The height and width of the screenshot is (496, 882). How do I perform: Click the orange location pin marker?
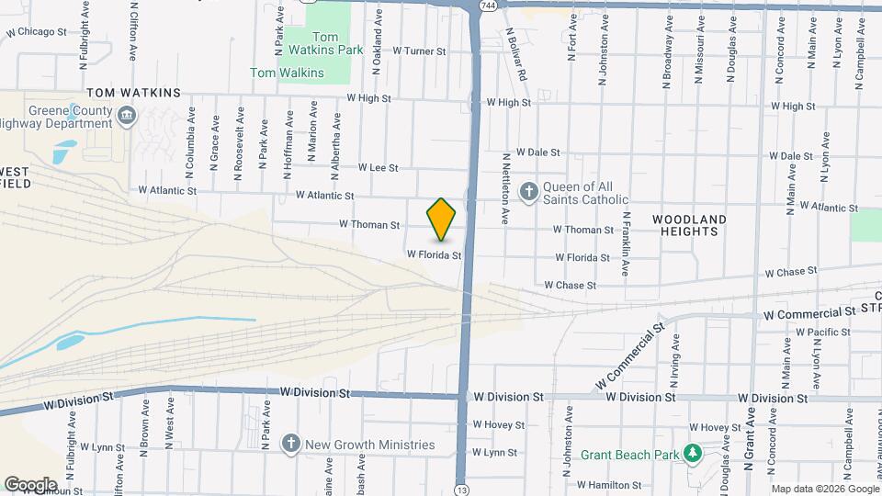pos(442,219)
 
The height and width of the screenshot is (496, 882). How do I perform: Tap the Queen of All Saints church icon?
pos(528,192)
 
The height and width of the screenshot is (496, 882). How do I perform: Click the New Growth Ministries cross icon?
pos(291,445)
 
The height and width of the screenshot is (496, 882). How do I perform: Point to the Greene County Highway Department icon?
pos(127,114)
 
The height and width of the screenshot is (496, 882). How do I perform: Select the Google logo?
pos(29,484)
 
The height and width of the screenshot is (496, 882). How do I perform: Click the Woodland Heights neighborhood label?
pos(689,225)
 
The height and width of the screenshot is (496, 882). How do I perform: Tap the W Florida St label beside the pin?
pos(434,254)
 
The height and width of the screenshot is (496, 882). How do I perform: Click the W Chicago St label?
pos(36,31)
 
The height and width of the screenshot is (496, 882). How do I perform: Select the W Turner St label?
pos(417,51)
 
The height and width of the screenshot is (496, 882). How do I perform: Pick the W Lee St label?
pos(378,168)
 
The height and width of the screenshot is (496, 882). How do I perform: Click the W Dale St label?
pos(537,152)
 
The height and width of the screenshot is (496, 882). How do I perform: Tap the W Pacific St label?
pos(823,332)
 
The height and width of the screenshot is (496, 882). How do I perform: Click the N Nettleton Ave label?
pos(505,189)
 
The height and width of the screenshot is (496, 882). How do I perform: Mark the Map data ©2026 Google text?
pos(823,489)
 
